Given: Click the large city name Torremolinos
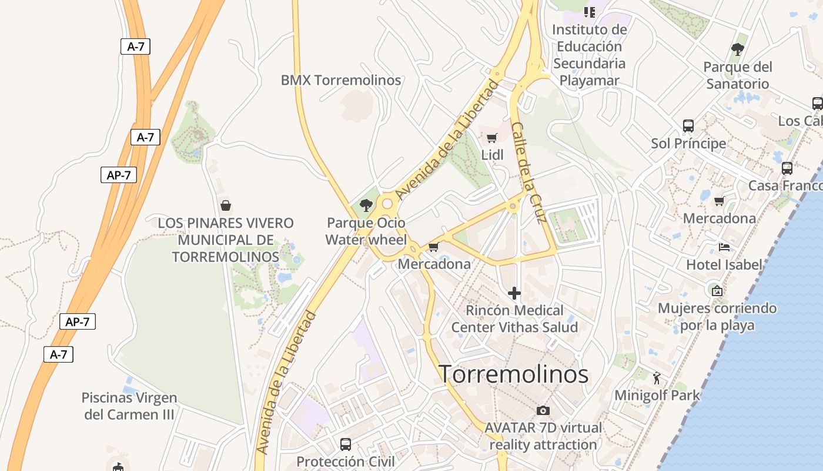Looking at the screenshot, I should [x=514, y=374].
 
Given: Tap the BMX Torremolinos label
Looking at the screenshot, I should [x=341, y=80].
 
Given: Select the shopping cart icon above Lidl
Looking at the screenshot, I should [x=492, y=138].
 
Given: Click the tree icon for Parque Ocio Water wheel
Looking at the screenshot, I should [x=366, y=205].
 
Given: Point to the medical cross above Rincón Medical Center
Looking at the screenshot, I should [x=514, y=293].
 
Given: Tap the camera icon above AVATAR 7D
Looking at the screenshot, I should [x=543, y=410].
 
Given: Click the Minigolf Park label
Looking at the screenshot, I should [x=657, y=395].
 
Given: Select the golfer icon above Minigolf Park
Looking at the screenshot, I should [x=657, y=377].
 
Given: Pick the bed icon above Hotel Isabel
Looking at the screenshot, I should [x=724, y=247].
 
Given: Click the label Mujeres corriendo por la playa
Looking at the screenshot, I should [x=717, y=317].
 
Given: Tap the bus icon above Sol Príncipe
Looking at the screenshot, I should [x=688, y=125].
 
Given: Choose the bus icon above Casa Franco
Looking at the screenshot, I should [x=787, y=168].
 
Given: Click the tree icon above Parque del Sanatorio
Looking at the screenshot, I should [x=738, y=49].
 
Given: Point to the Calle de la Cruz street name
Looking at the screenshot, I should [x=528, y=173].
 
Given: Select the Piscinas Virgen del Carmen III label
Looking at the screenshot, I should [x=129, y=406].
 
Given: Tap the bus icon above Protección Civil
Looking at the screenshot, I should [x=346, y=444].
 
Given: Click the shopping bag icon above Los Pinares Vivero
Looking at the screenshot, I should [x=225, y=205].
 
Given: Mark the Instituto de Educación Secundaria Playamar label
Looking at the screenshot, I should [x=590, y=55].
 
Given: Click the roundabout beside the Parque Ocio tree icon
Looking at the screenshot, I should [x=387, y=204].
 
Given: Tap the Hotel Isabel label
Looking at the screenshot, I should [x=724, y=265].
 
